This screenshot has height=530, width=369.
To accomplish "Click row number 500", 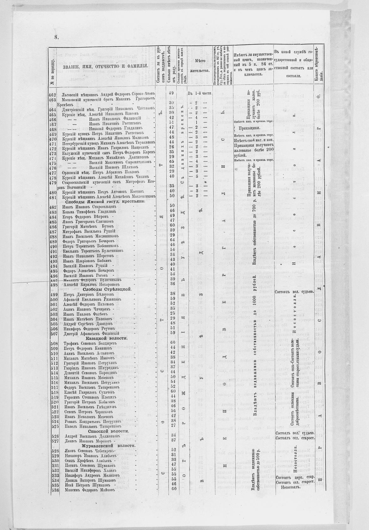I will (52, 299).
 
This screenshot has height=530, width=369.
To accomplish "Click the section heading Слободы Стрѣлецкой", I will (107, 289).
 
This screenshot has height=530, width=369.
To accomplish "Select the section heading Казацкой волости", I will (106, 338).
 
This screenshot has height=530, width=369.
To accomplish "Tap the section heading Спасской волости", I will (106, 431).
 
